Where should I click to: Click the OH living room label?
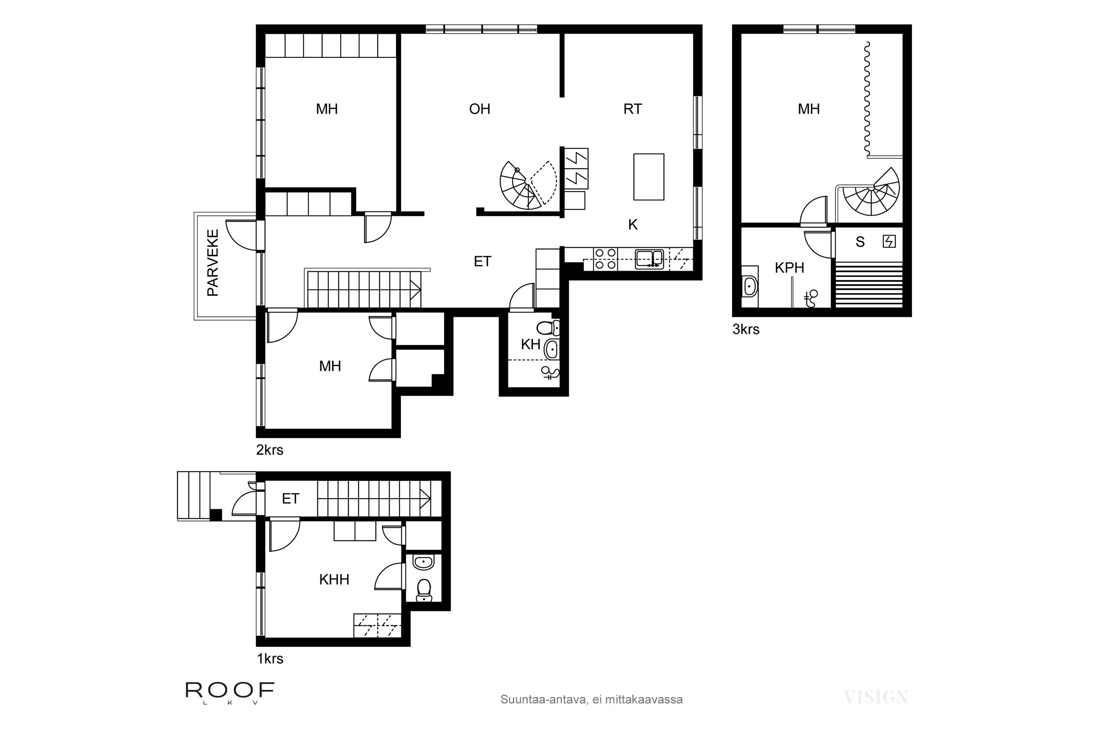(x=479, y=109)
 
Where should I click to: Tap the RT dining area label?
(x=632, y=109)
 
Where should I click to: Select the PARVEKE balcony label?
(x=213, y=262)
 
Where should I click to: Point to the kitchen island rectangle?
(x=649, y=177)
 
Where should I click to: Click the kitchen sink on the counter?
(x=649, y=259)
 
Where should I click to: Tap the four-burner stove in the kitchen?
(x=605, y=259)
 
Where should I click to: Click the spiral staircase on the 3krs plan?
(x=871, y=191)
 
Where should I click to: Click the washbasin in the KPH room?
(x=750, y=286)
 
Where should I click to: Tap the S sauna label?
(x=860, y=242)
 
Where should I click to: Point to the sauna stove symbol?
(x=889, y=241)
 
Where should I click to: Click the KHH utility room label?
(x=334, y=579)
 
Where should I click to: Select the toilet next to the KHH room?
(x=424, y=590)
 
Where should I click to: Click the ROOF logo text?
(x=230, y=690)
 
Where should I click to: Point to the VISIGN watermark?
(x=876, y=698)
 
